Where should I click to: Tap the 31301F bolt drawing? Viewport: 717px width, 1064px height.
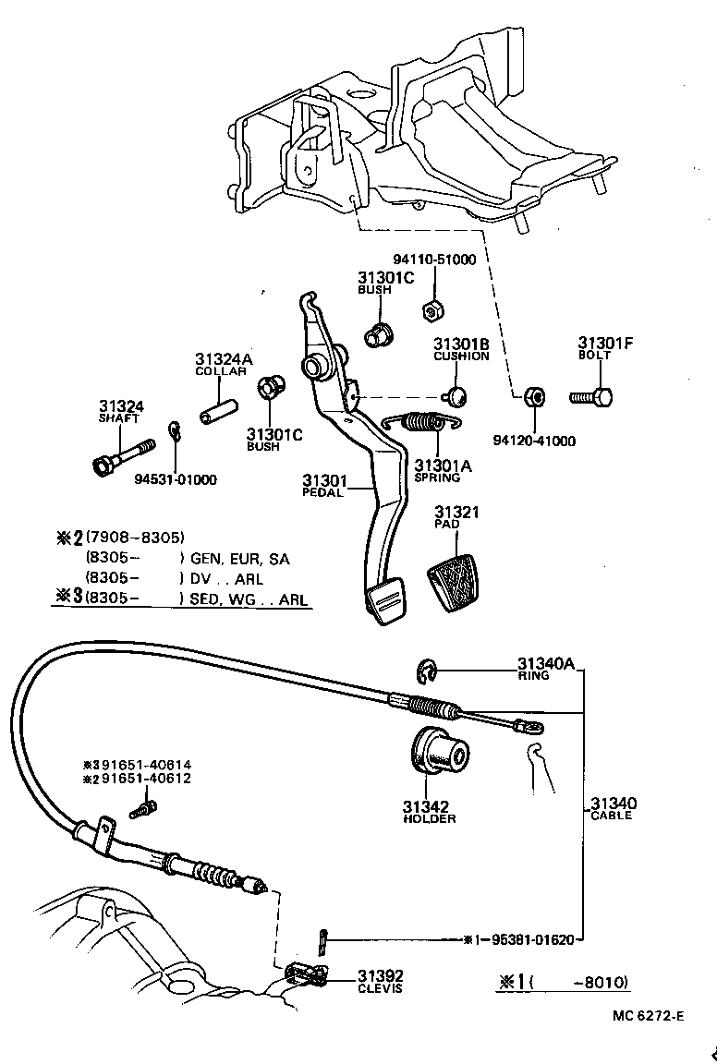tap(592, 397)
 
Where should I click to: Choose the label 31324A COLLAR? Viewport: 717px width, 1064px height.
tap(221, 364)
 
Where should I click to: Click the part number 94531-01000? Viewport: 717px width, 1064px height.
tap(176, 479)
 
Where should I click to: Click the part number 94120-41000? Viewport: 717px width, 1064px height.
tap(534, 441)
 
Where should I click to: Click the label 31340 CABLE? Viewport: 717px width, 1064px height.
tap(614, 808)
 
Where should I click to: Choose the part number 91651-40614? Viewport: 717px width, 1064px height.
tap(139, 765)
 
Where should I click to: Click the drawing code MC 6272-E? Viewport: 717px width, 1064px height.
tap(647, 1016)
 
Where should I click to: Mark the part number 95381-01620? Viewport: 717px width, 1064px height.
tap(527, 940)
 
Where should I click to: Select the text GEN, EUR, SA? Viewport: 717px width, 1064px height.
tap(239, 559)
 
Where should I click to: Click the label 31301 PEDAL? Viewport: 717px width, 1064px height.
tap(323, 486)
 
